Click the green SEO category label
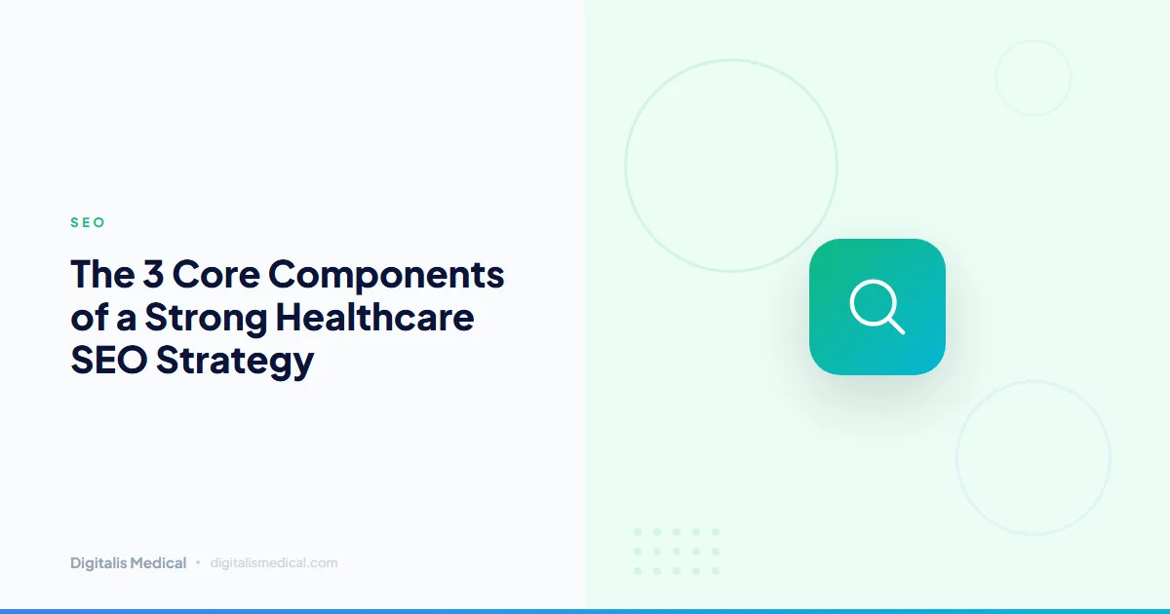point(88,223)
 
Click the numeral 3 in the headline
point(152,275)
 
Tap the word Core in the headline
point(216,275)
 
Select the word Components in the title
point(387,277)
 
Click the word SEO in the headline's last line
point(108,361)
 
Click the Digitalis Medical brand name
point(129,563)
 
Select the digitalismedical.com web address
point(274,563)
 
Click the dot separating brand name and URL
point(198,562)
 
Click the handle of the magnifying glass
point(895,324)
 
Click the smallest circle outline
point(1033,78)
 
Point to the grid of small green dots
point(676,552)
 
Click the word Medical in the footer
point(159,563)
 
